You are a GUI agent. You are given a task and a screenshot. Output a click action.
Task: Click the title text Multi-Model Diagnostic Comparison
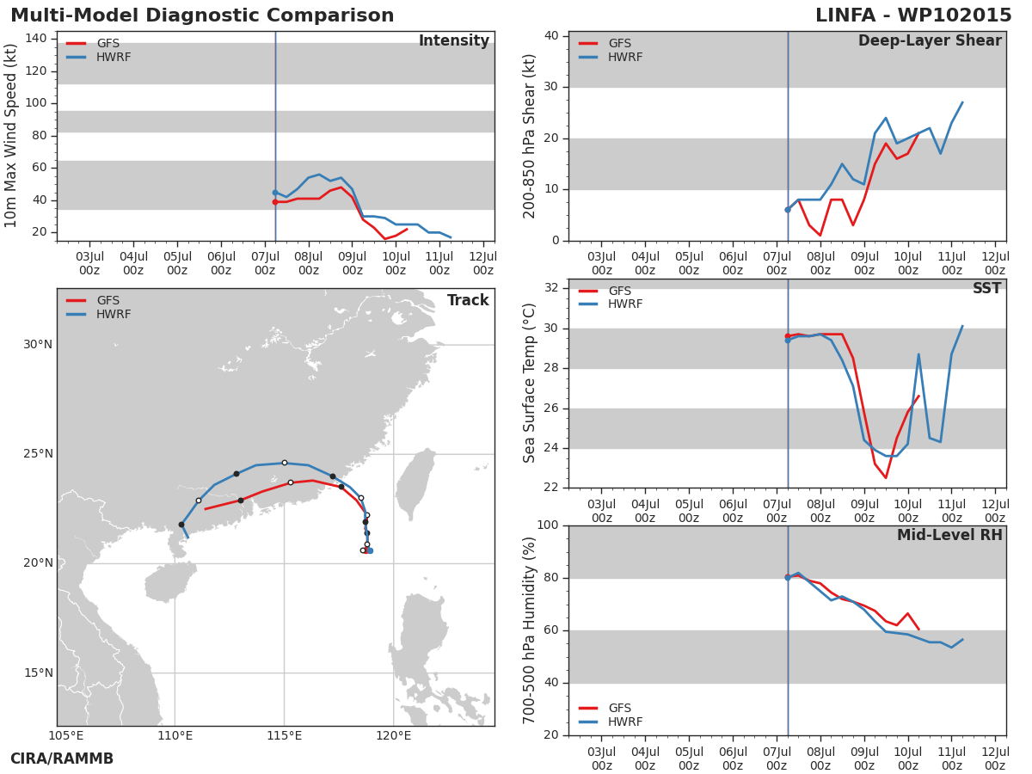tap(202, 15)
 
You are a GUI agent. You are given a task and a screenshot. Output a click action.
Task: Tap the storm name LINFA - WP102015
tap(913, 15)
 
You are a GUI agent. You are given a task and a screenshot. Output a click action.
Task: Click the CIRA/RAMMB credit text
tap(62, 759)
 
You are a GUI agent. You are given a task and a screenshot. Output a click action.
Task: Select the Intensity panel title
tap(454, 41)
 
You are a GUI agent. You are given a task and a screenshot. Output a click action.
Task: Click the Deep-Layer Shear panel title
tap(930, 41)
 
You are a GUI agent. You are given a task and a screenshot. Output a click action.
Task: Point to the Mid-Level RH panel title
tap(949, 535)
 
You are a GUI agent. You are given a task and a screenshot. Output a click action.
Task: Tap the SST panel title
tap(986, 288)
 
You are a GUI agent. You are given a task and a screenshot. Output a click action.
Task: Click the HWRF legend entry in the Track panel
tap(99, 314)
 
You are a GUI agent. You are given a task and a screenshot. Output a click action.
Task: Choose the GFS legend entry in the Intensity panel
tap(93, 43)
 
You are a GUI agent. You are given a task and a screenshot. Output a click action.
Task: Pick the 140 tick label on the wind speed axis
tap(36, 38)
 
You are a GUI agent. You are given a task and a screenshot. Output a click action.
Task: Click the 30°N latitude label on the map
tap(38, 345)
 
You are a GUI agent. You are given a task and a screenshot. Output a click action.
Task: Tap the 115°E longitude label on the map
tap(285, 735)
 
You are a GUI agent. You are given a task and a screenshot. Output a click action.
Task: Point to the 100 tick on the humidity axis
tap(547, 525)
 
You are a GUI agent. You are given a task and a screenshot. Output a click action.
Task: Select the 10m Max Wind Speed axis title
tap(10, 136)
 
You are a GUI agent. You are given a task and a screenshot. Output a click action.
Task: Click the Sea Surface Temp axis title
tap(529, 383)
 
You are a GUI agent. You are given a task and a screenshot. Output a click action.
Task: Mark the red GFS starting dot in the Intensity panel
tap(275, 202)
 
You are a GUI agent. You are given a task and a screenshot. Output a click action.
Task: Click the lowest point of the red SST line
tap(885, 477)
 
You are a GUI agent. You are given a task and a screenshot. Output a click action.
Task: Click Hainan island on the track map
tap(169, 582)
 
